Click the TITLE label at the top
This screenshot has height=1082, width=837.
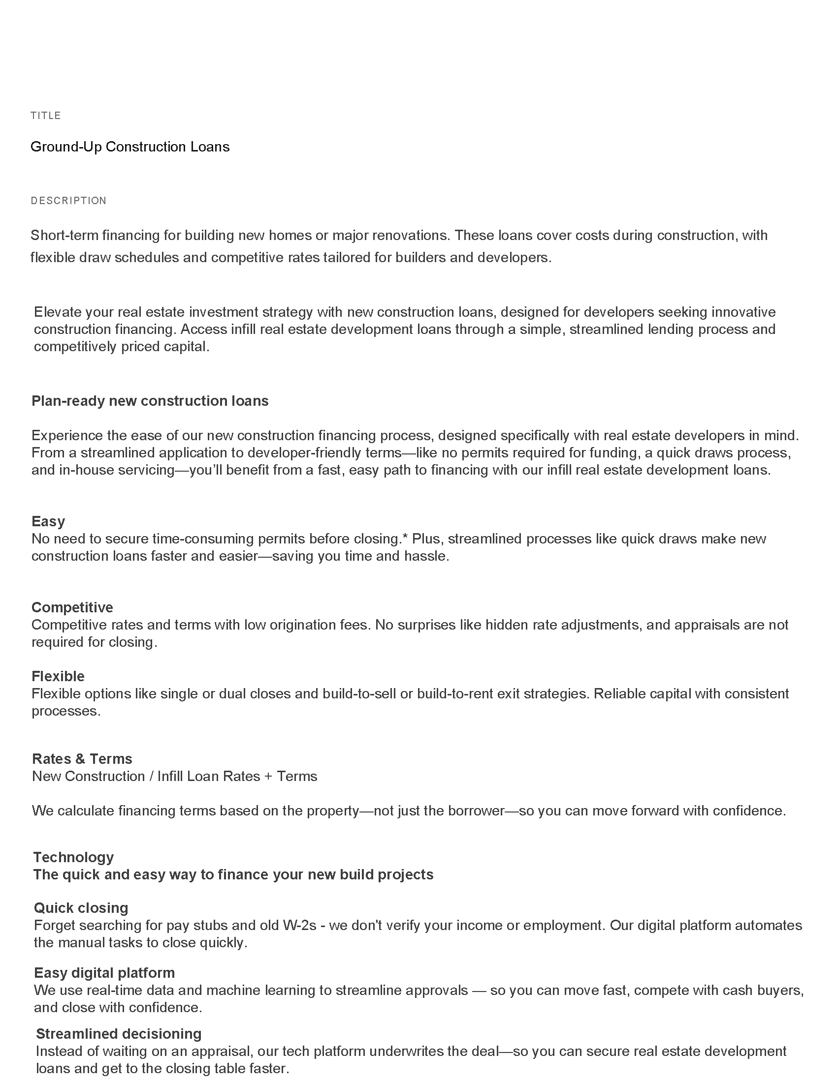tap(46, 116)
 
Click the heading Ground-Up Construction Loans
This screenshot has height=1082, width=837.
tap(130, 147)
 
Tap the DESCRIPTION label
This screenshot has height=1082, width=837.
tap(68, 201)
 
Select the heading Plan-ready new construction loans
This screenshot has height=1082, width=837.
tap(150, 401)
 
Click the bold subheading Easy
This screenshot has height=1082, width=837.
tap(48, 521)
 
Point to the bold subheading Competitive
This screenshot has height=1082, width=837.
tap(72, 607)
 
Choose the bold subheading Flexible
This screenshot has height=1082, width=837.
tap(58, 676)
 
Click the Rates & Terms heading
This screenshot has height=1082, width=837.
tap(82, 759)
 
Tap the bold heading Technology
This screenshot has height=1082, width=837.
tap(73, 857)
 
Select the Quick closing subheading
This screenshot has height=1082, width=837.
tap(81, 907)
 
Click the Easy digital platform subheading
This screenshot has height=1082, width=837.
tap(104, 972)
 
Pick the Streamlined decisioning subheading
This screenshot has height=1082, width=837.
tap(119, 1033)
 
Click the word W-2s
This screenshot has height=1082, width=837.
tap(299, 926)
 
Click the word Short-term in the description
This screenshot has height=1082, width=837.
tap(64, 235)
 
